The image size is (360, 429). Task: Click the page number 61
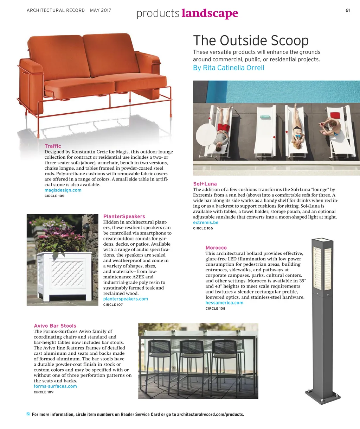point(347,10)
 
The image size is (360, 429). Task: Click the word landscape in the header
point(210,13)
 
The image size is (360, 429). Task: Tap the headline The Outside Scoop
point(251,40)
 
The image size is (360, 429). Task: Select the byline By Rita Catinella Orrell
point(228,68)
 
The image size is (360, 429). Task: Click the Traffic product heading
point(53,146)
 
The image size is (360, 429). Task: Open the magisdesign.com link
point(63,190)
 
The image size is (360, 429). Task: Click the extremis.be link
point(206,222)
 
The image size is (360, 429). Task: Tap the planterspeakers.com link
point(126,299)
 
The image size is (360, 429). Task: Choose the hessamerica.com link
point(224,303)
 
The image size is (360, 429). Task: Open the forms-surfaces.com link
point(55,386)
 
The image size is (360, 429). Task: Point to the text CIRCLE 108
point(216,309)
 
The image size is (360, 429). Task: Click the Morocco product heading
point(216,248)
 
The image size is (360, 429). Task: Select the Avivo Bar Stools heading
point(55,326)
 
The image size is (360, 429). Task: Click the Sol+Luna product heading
point(205,184)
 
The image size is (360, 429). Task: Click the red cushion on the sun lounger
point(335,115)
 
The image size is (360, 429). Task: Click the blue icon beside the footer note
point(28,414)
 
